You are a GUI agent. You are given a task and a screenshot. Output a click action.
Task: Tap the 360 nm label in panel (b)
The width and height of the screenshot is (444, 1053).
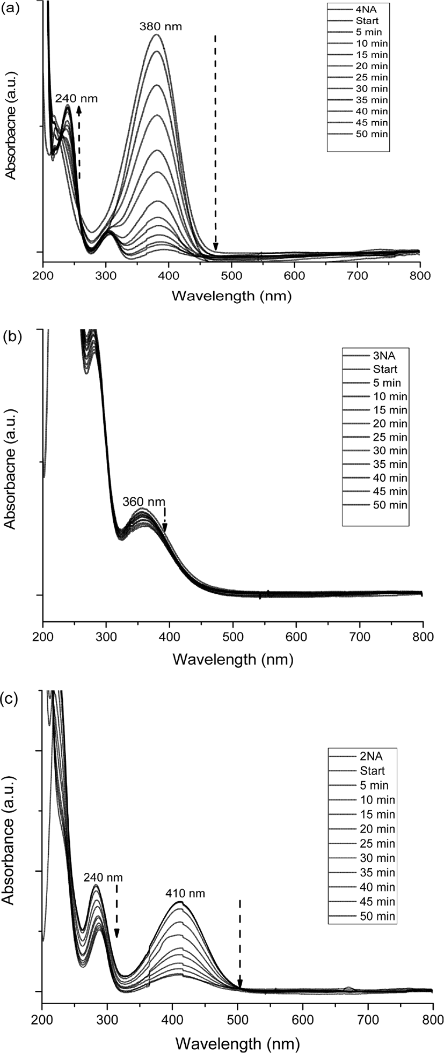click(x=144, y=502)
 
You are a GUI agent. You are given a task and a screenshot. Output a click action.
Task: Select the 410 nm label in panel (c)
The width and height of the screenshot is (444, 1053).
click(x=184, y=893)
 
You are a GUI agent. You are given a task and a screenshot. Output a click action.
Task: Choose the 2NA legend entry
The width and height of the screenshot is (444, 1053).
click(x=372, y=757)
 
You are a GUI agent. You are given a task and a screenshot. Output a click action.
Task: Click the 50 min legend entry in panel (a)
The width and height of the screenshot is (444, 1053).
click(x=372, y=134)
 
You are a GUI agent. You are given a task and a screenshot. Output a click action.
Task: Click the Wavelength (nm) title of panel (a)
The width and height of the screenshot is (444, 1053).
click(x=231, y=295)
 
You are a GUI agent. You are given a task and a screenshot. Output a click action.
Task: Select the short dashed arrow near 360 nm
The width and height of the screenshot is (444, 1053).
click(x=165, y=520)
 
